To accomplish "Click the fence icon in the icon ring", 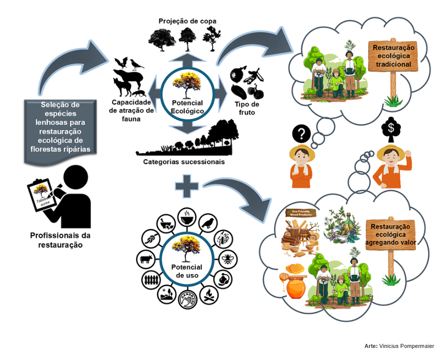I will point(151,280).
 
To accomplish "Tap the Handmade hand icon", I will point(187,300).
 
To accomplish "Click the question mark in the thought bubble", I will point(302,134).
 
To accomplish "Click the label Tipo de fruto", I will point(247,108).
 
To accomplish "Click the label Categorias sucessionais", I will point(184,162).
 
